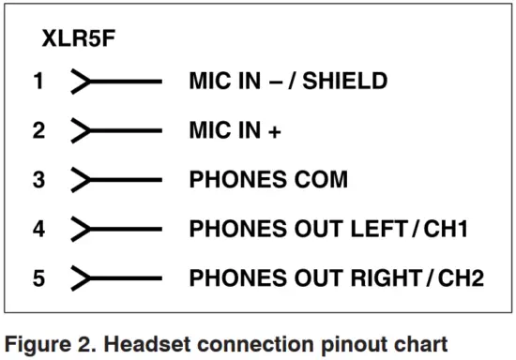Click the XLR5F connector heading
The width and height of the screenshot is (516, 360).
[79, 39]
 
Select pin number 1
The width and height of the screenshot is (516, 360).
[38, 82]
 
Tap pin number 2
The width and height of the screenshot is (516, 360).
[38, 130]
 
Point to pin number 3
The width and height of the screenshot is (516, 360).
[38, 180]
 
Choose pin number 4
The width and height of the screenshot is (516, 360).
[38, 229]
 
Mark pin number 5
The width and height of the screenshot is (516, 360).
[38, 277]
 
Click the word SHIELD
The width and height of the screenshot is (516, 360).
[352, 82]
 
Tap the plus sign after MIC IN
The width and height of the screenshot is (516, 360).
[274, 131]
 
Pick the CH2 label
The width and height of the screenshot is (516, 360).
[462, 277]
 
